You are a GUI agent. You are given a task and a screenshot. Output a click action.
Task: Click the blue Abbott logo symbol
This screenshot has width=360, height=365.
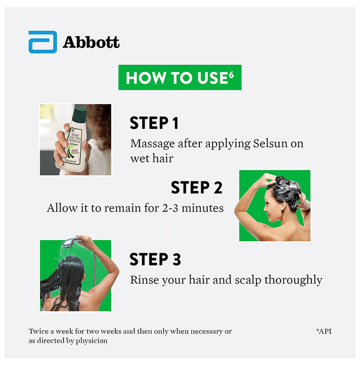42,42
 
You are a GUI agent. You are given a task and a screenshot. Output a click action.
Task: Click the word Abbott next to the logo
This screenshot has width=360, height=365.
91,42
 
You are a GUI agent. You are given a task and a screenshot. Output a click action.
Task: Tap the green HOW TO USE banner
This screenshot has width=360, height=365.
179,78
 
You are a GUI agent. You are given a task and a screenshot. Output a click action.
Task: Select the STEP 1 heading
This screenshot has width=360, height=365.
154,123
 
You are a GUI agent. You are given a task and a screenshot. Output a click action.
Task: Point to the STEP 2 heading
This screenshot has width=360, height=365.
196,187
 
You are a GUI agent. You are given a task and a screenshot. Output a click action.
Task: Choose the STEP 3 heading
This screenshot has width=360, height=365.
155,259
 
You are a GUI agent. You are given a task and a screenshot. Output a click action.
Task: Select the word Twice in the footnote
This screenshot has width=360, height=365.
39,332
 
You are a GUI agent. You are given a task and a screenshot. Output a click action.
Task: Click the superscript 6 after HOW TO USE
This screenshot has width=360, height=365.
231,74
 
